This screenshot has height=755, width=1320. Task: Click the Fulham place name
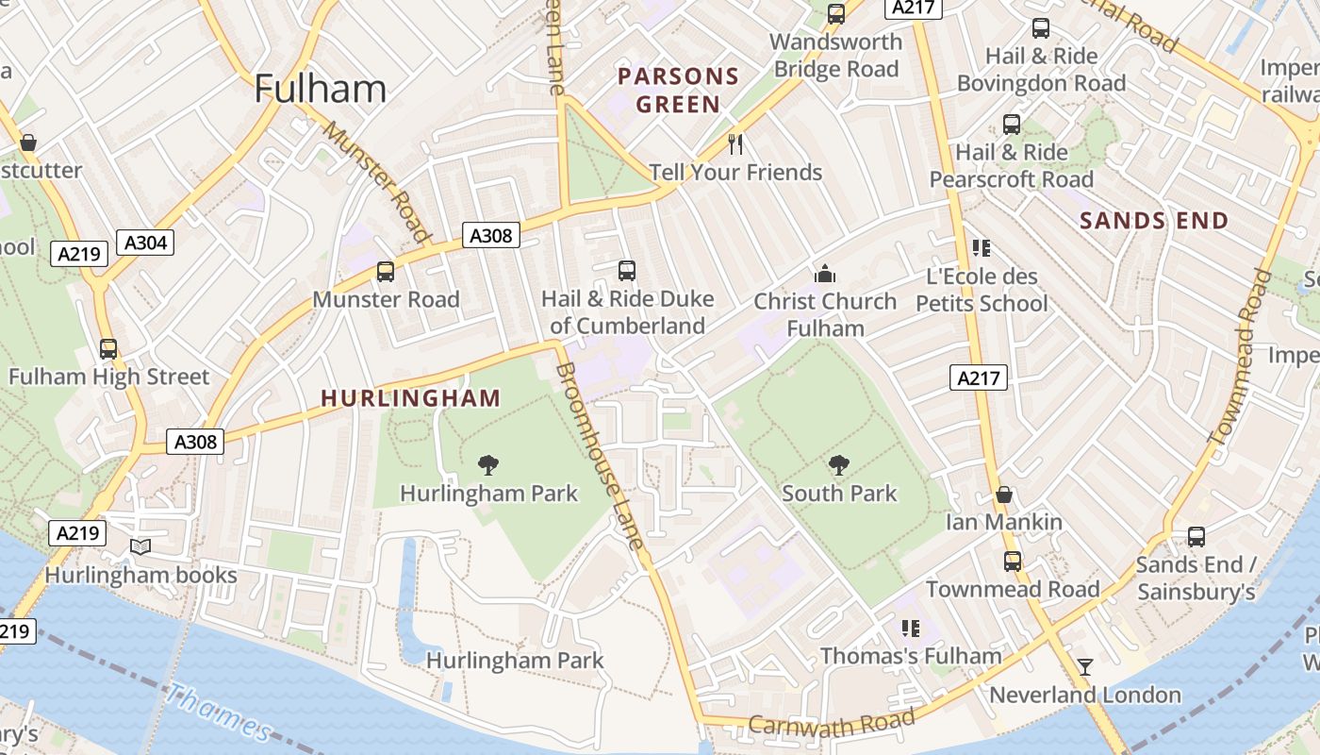tap(321, 89)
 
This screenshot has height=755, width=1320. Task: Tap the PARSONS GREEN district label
tap(678, 90)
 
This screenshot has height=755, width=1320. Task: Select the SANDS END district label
tap(1154, 221)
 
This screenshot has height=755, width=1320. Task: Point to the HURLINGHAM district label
tap(410, 398)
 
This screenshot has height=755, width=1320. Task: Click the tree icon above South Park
tap(838, 465)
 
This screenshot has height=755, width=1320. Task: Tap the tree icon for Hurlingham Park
tap(487, 464)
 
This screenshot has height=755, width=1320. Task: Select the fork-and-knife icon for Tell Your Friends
tap(735, 144)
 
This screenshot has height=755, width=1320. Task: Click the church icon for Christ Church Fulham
tap(825, 274)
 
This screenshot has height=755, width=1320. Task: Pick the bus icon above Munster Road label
tap(385, 272)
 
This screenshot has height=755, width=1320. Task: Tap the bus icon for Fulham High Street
tap(108, 349)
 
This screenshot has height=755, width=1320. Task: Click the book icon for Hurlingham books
tap(140, 547)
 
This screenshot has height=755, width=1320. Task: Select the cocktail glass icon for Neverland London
tap(1085, 667)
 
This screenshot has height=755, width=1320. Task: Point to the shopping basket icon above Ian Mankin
tap(1004, 495)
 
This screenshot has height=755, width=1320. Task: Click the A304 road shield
tap(146, 243)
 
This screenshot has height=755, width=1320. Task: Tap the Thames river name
tap(217, 713)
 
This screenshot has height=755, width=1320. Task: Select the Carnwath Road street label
tap(832, 723)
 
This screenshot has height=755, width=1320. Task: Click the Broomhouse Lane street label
tap(601, 455)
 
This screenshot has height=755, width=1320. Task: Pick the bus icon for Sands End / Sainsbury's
tap(1196, 537)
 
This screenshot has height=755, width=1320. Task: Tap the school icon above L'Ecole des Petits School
tap(981, 248)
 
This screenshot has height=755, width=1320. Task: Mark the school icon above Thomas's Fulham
tap(910, 628)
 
